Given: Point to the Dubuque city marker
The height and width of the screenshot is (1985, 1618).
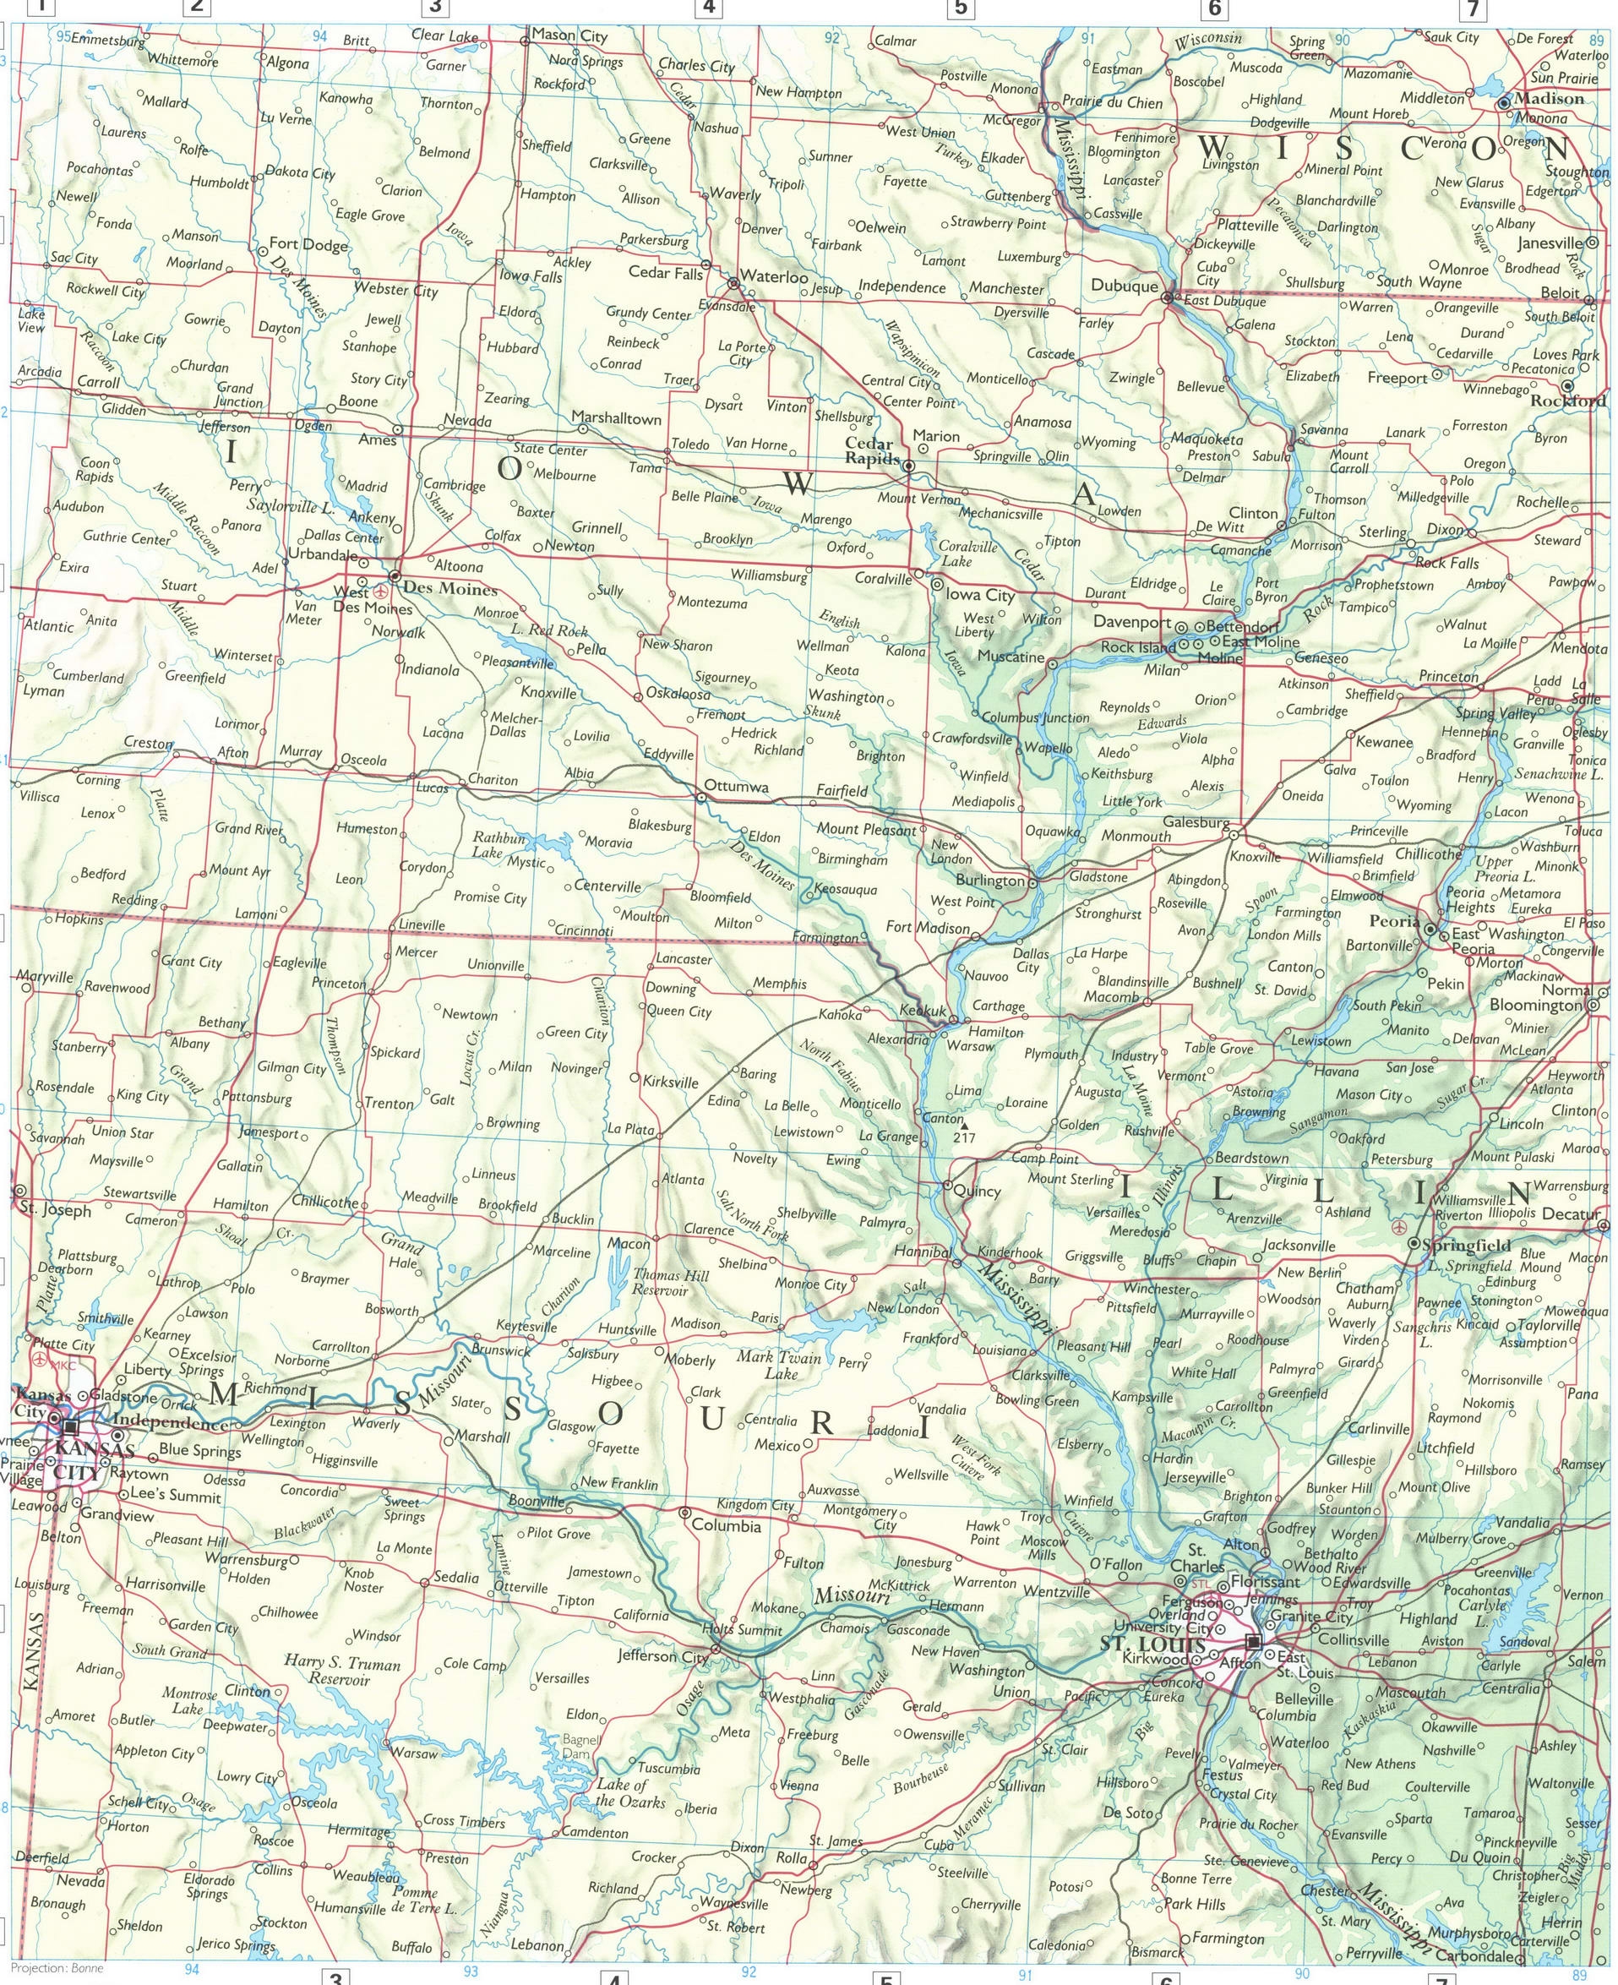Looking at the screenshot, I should click(x=1168, y=297).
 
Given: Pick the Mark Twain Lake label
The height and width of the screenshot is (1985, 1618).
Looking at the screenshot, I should click(x=779, y=1366).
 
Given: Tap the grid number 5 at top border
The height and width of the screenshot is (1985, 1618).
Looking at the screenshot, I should click(x=960, y=9).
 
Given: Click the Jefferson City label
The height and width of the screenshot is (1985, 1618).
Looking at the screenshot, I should click(x=662, y=1656).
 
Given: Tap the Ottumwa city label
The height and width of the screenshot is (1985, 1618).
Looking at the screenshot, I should click(x=736, y=786).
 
